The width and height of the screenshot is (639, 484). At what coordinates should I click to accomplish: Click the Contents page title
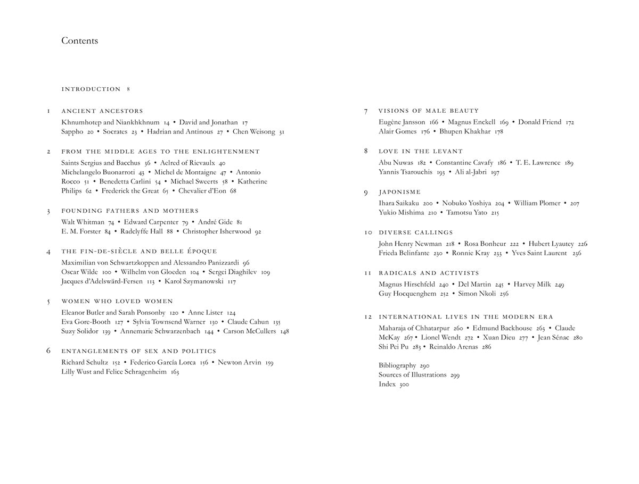(x=79, y=41)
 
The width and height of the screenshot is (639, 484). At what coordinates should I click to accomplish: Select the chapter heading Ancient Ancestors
(x=102, y=111)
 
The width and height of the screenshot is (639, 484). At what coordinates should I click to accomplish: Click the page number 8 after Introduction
(x=128, y=89)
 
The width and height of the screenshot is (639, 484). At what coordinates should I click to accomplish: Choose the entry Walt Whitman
(x=83, y=222)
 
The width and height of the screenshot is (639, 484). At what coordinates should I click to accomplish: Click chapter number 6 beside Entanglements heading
(x=48, y=351)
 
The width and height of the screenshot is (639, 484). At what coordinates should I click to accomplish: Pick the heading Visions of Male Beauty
(x=429, y=111)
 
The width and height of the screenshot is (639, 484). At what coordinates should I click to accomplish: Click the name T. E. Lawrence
(x=538, y=162)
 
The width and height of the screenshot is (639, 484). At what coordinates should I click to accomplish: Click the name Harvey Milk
(x=532, y=284)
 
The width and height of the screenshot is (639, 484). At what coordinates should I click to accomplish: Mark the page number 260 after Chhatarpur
(x=458, y=328)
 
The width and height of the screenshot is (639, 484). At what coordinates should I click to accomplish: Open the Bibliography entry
(x=397, y=365)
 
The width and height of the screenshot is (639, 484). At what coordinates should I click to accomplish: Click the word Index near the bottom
(x=387, y=384)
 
